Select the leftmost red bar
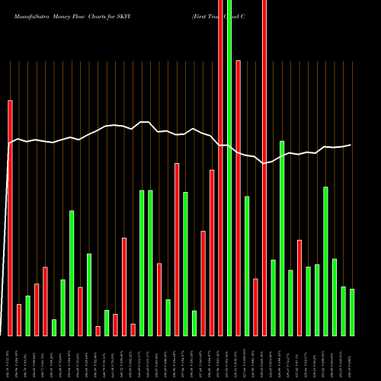pos(11,217)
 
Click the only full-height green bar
pos(229,168)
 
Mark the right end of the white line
pos(351,145)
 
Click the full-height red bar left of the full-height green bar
pos(221,168)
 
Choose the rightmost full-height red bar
pos(264,168)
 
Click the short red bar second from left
pos(19,319)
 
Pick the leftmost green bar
pos(28,315)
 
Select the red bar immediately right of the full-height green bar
pos(239,198)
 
